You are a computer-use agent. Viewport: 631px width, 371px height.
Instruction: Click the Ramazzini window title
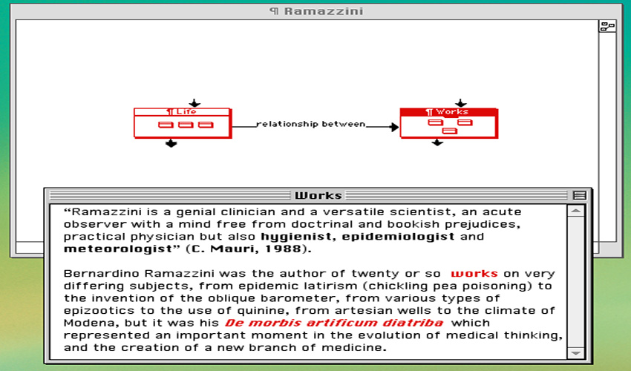(x=316, y=11)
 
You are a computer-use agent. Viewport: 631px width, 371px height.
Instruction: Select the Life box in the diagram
(x=183, y=123)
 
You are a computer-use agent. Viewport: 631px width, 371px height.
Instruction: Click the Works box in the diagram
(x=449, y=123)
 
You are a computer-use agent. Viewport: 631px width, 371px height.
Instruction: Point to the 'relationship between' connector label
(x=310, y=124)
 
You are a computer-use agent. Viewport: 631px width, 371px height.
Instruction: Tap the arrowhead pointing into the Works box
(x=394, y=127)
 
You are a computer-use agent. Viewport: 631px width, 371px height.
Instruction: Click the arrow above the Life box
(x=194, y=103)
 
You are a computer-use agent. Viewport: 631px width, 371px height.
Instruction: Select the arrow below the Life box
(x=171, y=143)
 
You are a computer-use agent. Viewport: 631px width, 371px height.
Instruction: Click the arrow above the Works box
(x=461, y=103)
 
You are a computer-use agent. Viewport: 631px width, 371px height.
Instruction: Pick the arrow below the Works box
(x=437, y=142)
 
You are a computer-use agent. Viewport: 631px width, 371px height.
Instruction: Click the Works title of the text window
(x=318, y=196)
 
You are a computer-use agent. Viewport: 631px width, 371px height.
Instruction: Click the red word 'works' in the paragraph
(x=474, y=274)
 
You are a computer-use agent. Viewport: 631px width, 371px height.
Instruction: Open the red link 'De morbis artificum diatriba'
(x=334, y=323)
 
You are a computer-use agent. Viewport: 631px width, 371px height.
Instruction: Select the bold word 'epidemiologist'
(x=398, y=237)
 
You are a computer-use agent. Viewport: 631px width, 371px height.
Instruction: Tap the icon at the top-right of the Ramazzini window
(x=607, y=27)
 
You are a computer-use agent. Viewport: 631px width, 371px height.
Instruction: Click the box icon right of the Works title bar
(x=580, y=196)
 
